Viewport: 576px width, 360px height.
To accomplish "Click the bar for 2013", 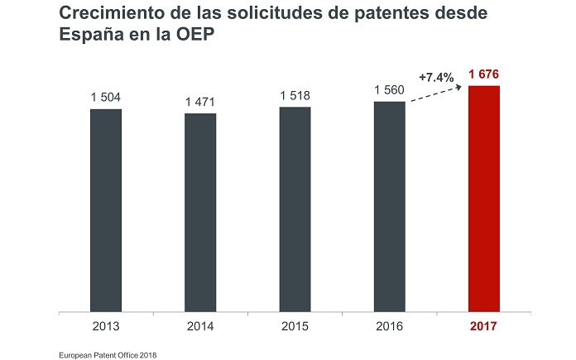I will click(106, 211).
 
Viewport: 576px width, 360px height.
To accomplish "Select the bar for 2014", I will click(200, 214).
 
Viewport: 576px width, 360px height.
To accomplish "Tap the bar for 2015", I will click(295, 210).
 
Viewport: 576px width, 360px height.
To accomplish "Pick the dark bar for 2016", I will click(389, 208).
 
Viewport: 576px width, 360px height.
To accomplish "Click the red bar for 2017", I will click(484, 199).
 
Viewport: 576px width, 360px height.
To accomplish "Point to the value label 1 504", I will click(106, 98).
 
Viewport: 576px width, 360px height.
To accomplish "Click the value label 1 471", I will click(200, 102).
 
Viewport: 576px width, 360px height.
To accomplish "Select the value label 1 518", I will click(295, 96).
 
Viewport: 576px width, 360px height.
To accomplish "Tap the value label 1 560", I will click(389, 90).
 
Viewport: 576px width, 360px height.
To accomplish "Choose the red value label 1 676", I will click(484, 75).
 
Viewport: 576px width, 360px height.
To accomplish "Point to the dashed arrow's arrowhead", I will click(460, 86).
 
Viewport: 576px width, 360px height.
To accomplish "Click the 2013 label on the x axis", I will click(106, 326).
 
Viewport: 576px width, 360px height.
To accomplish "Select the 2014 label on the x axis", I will click(200, 326).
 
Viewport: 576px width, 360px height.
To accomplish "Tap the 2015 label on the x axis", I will click(295, 326).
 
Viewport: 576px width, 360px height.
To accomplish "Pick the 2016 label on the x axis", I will click(389, 326).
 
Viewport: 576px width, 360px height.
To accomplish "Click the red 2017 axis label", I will click(484, 326).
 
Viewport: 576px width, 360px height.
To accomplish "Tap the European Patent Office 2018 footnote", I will click(108, 354).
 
